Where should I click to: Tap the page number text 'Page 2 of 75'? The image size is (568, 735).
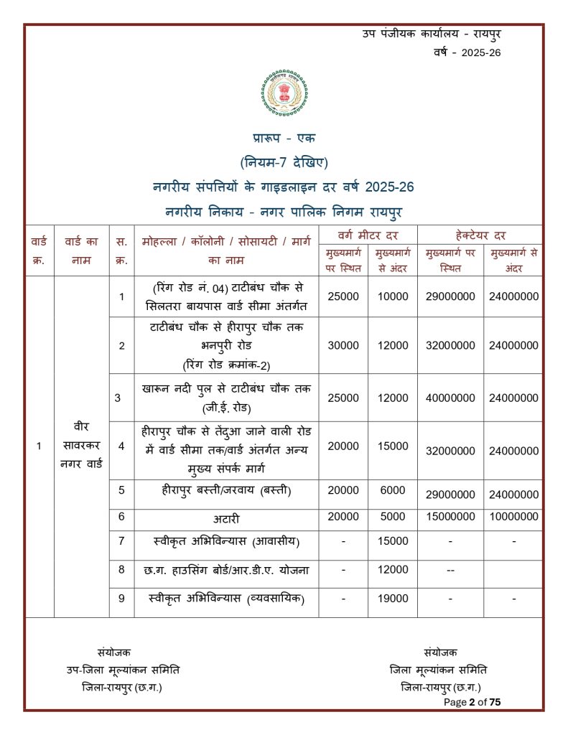pyautogui.click(x=472, y=702)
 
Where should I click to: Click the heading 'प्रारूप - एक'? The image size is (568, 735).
pyautogui.click(x=284, y=138)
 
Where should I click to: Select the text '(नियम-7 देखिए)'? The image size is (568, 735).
pyautogui.click(x=284, y=162)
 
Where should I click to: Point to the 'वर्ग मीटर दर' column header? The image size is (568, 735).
pyautogui.click(x=368, y=235)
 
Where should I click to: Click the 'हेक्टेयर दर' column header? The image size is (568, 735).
pyautogui.click(x=480, y=235)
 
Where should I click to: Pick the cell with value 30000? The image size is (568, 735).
pyautogui.click(x=343, y=345)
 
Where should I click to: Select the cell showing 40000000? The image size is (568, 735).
pyautogui.click(x=450, y=397)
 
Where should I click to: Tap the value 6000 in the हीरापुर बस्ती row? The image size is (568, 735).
pyautogui.click(x=392, y=490)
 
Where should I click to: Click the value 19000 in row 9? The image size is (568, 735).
pyautogui.click(x=392, y=599)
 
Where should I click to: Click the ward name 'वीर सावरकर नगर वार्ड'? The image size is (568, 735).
pyautogui.click(x=81, y=446)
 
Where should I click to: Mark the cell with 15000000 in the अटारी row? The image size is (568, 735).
pyautogui.click(x=450, y=517)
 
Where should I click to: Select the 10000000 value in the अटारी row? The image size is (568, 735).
pyautogui.click(x=513, y=517)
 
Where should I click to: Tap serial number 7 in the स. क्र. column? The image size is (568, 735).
pyautogui.click(x=121, y=540)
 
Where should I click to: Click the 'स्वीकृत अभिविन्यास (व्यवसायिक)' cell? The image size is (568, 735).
pyautogui.click(x=227, y=599)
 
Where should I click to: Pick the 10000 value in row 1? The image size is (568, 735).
pyautogui.click(x=392, y=296)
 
